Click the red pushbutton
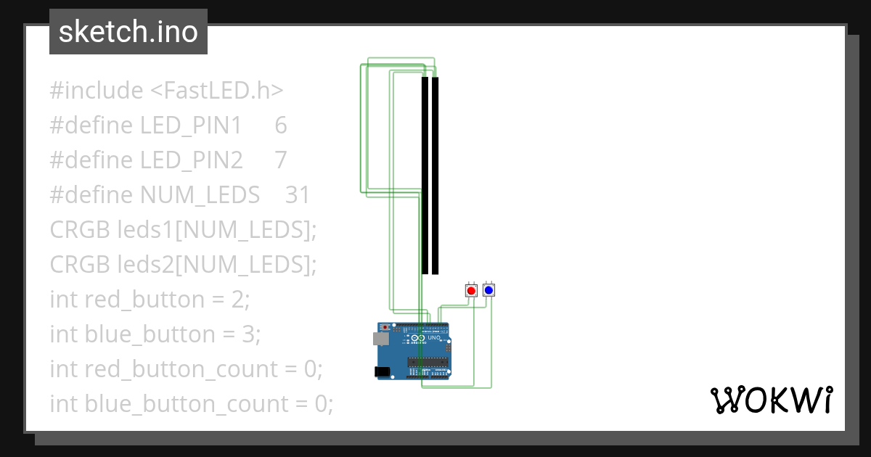tap(471, 290)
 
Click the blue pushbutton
tap(488, 290)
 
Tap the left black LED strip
tap(425, 174)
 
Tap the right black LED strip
tap(435, 174)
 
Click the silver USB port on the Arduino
tap(380, 338)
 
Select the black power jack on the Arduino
tap(381, 371)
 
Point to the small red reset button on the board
tap(385, 327)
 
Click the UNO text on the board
tap(434, 338)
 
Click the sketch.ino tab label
tap(128, 32)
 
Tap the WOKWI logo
tap(771, 400)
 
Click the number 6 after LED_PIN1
tap(281, 125)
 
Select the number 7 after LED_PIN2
tap(281, 160)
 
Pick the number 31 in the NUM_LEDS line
tap(298, 195)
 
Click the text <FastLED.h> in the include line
tap(217, 91)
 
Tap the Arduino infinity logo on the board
tap(418, 339)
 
